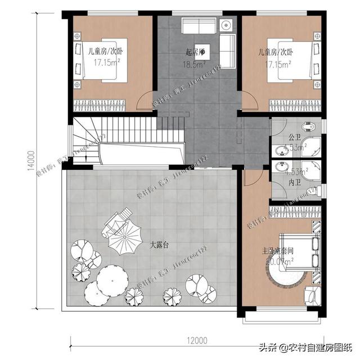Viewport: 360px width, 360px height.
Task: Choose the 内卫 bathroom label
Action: [293, 183]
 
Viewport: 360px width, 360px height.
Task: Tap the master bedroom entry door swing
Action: [252, 179]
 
